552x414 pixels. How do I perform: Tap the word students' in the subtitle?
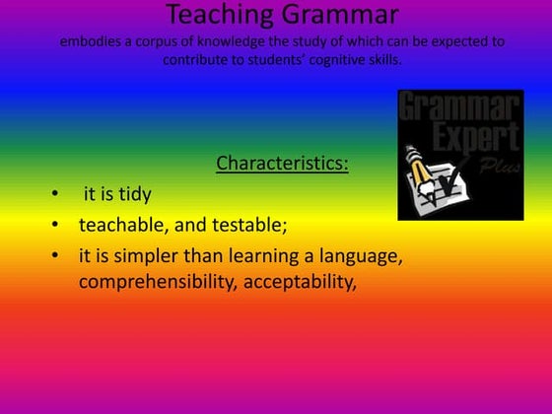point(277,59)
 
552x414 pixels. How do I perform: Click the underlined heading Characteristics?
point(282,163)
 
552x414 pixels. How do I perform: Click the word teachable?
point(121,225)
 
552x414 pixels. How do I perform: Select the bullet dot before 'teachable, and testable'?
point(55,225)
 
